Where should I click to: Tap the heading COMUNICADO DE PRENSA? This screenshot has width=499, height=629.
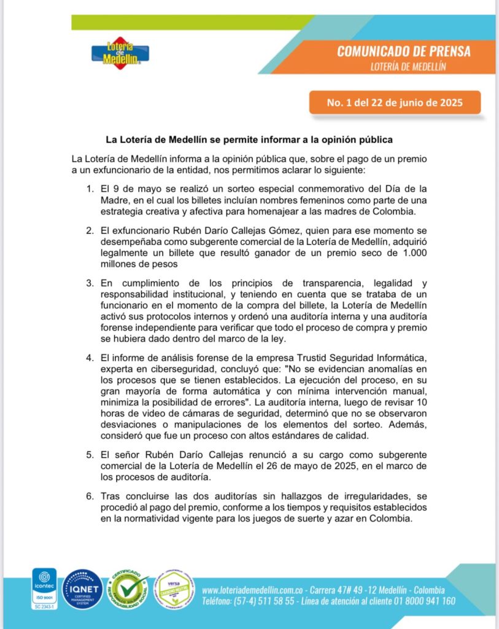pyautogui.click(x=403, y=51)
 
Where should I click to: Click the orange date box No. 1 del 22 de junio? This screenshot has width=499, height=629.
pyautogui.click(x=395, y=103)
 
